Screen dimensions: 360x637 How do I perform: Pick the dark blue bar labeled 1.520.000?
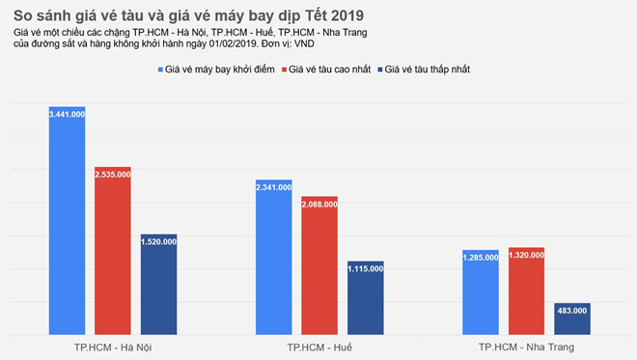pyautogui.click(x=158, y=290)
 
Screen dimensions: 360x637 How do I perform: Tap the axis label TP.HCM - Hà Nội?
pyautogui.click(x=113, y=346)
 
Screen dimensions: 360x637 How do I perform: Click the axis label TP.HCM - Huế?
pyautogui.click(x=319, y=346)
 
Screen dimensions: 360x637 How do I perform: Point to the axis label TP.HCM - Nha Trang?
pyautogui.click(x=526, y=346)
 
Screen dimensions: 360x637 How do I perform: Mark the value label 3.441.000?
pyautogui.click(x=67, y=113)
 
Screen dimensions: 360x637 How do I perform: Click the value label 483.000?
pyautogui.click(x=572, y=310)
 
